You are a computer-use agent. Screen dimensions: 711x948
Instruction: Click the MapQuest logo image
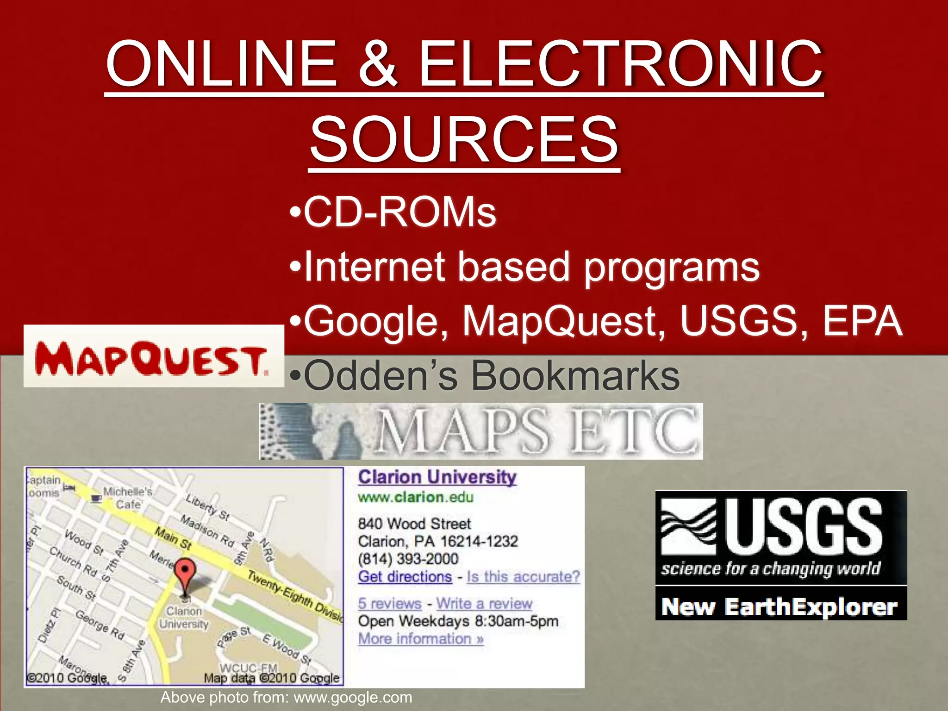click(x=153, y=356)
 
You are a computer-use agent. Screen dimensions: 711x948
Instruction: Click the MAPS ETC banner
click(x=481, y=431)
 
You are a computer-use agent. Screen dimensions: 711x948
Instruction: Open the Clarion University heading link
click(x=437, y=477)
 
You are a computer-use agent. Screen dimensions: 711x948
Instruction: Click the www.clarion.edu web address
click(x=415, y=497)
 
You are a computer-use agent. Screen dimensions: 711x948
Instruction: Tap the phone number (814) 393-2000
click(x=408, y=559)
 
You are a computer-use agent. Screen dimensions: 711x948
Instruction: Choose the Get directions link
click(x=405, y=577)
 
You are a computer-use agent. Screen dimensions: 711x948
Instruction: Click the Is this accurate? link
click(x=523, y=577)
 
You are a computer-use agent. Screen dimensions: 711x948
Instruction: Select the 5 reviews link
click(x=389, y=604)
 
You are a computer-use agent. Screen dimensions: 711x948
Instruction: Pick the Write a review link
click(x=484, y=604)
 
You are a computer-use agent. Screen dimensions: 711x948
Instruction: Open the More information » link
click(x=421, y=639)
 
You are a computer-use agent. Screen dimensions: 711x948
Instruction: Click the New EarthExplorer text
click(x=780, y=606)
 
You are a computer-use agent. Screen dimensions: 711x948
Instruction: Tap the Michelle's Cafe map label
click(x=127, y=498)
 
